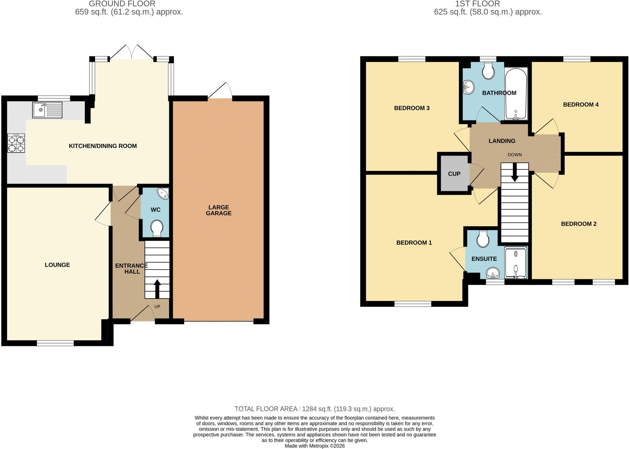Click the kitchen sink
tap(47, 110)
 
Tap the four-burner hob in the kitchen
tap(16, 144)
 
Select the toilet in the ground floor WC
tap(157, 228)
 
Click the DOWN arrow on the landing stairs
tap(514, 172)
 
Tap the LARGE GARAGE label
tap(219, 210)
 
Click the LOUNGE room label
tap(57, 265)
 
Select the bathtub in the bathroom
tap(516, 93)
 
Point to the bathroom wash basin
tap(469, 87)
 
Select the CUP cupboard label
tap(454, 174)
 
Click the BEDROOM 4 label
tap(581, 105)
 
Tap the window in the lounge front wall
tap(55, 343)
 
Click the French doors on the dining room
tap(132, 52)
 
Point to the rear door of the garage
tap(220, 91)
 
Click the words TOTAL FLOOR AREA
tap(266, 409)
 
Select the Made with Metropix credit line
tap(314, 446)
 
